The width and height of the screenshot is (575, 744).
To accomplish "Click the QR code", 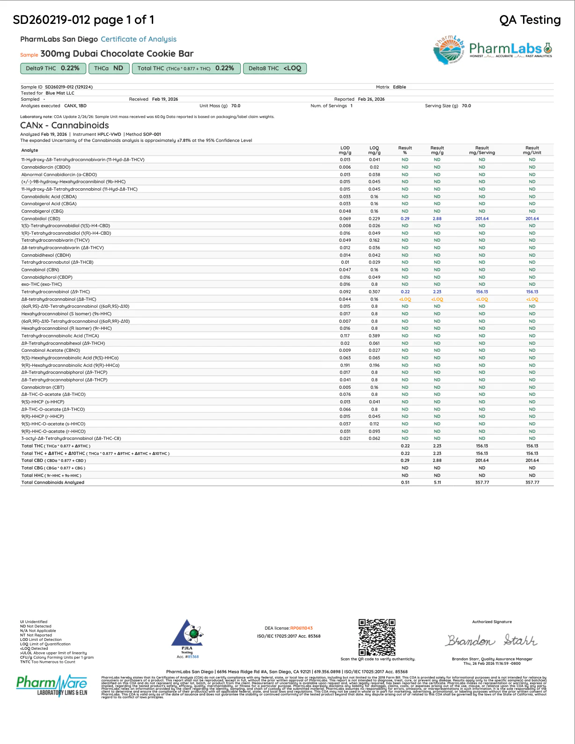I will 377,637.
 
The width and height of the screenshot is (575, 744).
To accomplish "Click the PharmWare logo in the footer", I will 52,685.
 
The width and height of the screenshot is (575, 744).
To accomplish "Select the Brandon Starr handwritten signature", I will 492,640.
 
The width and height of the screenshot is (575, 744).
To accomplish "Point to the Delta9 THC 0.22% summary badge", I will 53,68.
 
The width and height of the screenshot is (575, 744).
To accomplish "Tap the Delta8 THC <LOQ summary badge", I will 275,68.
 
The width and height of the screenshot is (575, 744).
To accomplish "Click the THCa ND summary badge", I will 109,68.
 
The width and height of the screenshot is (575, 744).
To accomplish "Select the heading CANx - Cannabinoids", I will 65,125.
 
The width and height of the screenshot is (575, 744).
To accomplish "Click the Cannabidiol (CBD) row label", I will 41,219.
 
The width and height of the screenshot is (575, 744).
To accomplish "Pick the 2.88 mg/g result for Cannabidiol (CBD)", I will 437,219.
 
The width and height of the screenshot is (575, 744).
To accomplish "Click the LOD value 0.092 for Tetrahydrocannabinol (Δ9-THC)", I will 345,292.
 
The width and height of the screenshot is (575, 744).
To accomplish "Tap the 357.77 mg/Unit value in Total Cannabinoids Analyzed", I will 532,483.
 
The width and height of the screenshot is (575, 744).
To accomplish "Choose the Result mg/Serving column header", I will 482,150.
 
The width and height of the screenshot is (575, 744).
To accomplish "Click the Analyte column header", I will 29,150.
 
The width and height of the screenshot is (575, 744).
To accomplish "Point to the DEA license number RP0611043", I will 301,628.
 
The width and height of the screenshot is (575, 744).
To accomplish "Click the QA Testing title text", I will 530,20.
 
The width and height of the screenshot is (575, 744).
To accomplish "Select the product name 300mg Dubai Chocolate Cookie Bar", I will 117,54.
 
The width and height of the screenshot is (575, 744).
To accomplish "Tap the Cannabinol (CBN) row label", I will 40,270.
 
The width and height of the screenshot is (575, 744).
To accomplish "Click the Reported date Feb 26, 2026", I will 371,99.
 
